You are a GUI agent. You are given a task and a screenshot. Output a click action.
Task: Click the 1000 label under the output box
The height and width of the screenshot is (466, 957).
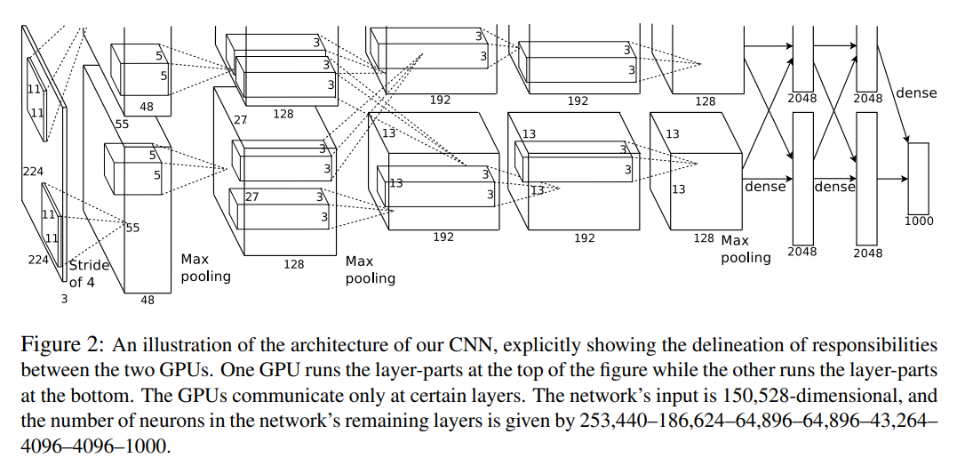pos(919,221)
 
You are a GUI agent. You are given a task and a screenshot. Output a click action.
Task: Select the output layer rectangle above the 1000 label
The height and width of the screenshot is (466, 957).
pos(918,177)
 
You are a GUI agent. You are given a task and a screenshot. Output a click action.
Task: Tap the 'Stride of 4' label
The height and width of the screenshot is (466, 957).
pos(89,273)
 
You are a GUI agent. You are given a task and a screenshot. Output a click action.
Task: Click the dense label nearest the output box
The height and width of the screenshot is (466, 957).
pos(916,92)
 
